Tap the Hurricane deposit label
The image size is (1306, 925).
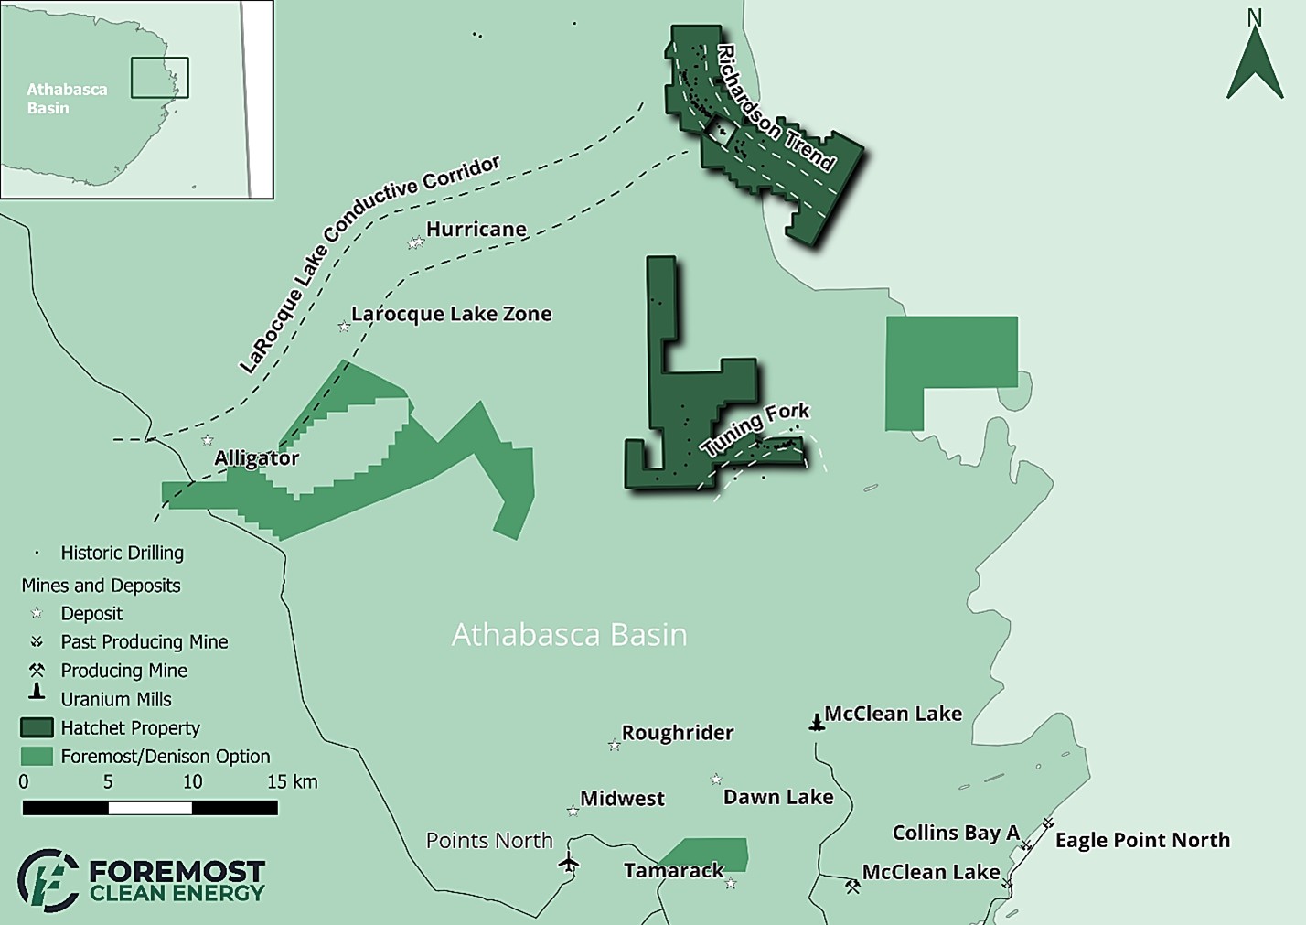[x=476, y=230]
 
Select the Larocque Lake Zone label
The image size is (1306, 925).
[x=452, y=314]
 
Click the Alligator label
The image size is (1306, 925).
[x=256, y=458]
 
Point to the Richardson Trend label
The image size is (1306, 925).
[x=776, y=108]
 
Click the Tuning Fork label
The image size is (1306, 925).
[x=755, y=428]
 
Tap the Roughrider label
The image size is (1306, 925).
[x=678, y=733]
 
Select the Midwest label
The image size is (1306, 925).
[x=622, y=799]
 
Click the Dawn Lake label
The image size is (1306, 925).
[x=778, y=797]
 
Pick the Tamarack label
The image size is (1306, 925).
[x=674, y=870]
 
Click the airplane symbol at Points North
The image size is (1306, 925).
[x=569, y=862]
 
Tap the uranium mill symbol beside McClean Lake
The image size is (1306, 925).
[x=817, y=723]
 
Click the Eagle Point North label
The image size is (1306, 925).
[x=1142, y=840]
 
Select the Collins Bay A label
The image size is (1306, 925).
[x=956, y=833]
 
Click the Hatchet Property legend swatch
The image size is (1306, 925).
[x=37, y=728]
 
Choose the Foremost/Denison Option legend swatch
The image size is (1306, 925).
[x=37, y=757]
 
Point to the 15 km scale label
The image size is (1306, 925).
[x=292, y=782]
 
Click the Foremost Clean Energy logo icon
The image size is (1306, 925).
[x=48, y=880]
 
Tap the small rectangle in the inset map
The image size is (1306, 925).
[x=159, y=78]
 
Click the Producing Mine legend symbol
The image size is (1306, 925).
[x=37, y=671]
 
